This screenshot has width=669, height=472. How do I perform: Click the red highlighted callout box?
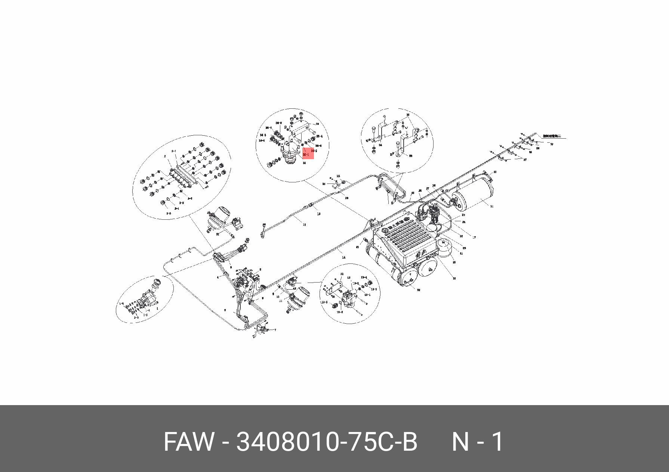click(x=308, y=153)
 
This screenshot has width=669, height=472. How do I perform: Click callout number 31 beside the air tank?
click(x=492, y=206)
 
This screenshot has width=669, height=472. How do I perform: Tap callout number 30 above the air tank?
click(x=495, y=172)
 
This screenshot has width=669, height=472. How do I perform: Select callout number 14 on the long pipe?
click(x=343, y=257)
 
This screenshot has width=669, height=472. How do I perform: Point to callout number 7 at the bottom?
click(x=275, y=330)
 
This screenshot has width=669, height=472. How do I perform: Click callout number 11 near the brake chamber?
click(x=281, y=300)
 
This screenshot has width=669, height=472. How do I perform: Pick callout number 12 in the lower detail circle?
click(x=342, y=274)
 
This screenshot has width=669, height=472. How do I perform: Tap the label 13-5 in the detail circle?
click(x=324, y=302)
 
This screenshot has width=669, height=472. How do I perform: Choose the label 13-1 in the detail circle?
click(x=367, y=295)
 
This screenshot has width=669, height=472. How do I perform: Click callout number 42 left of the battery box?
click(x=357, y=247)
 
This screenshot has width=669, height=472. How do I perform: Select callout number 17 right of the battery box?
click(x=474, y=237)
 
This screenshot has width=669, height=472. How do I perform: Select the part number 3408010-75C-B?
click(x=326, y=442)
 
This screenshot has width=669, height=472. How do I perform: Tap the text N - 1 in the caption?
click(x=478, y=442)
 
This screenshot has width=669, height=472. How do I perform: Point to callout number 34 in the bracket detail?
click(x=380, y=145)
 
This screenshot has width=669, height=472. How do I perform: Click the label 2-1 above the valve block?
click(x=174, y=151)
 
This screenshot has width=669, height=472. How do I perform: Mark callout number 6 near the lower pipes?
click(x=225, y=310)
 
